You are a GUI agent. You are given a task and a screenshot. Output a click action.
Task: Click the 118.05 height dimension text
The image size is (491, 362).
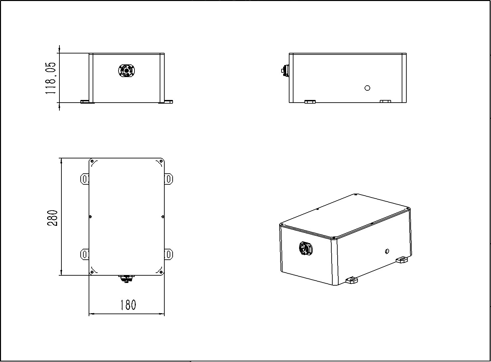point(50,78)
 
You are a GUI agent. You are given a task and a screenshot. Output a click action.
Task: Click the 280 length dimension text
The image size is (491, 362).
point(52,218)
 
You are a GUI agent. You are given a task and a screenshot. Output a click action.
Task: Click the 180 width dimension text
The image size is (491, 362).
point(128,305)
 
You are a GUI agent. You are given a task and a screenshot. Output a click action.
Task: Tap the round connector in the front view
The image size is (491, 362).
point(126,71)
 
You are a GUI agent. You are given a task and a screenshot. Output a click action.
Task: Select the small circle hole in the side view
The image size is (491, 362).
point(368,88)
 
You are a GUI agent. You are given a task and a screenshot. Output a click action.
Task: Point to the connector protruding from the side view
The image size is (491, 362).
point(285,71)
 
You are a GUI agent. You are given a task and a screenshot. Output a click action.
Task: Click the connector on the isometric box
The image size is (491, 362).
point(306,249)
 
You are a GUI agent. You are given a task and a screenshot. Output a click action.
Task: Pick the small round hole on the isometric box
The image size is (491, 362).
point(387,251)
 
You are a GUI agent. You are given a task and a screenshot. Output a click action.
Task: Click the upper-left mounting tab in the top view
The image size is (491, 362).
point(85,179)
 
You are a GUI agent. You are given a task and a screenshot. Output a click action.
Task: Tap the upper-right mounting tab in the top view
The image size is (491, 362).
point(169,179)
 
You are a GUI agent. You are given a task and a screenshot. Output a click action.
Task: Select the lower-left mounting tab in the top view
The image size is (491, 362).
point(85,254)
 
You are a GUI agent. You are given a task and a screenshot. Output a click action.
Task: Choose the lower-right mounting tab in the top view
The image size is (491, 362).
point(169,254)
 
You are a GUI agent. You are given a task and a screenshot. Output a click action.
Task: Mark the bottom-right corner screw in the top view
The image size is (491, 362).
point(161,272)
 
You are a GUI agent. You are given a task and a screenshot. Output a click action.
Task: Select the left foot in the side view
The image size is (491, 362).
point(310,102)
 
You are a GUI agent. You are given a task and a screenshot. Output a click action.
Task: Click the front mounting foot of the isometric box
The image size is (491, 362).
point(352,280)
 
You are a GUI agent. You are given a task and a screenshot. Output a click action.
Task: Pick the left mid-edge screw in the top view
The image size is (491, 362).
point(91,217)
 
